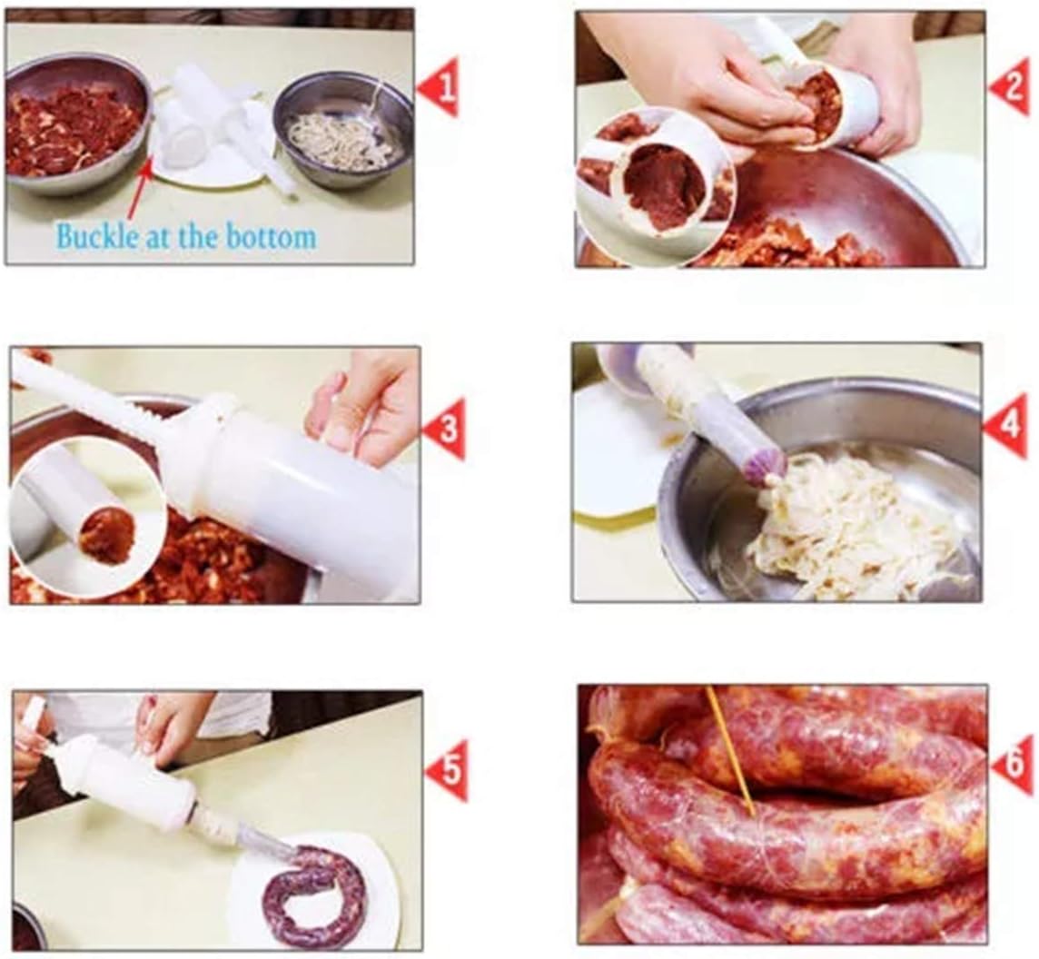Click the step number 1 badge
pos(441,86)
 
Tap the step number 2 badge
pos(1011,86)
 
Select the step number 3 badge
pos(446,428)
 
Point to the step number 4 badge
pos(1007,425)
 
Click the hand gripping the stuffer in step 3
pos(363,400)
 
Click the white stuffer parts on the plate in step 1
pos(213,127)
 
